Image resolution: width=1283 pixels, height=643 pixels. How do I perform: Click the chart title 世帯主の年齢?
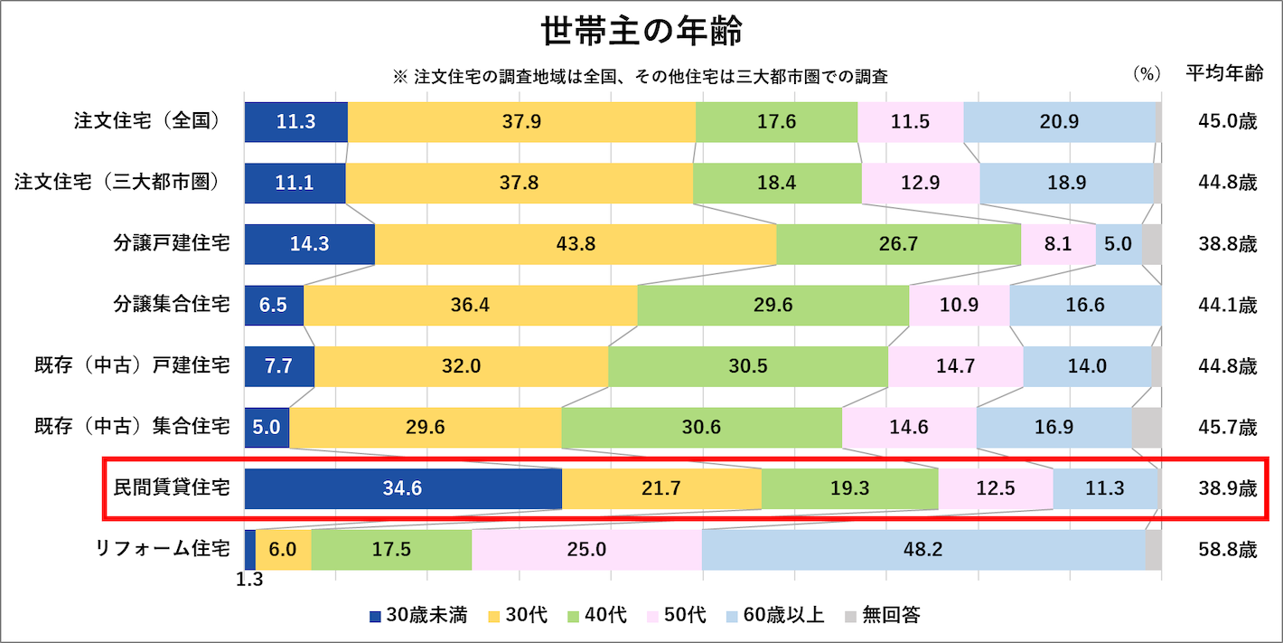coord(641,32)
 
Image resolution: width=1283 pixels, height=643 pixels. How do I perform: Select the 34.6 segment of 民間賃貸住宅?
coord(403,489)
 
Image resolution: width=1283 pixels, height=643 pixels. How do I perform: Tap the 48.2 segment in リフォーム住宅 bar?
coord(923,550)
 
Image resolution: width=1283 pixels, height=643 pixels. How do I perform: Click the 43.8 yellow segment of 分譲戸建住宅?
coord(576,244)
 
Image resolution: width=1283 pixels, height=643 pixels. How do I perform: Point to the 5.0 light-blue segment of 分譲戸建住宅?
coord(1119,244)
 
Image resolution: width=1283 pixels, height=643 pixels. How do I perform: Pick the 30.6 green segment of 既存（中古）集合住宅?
coord(702,428)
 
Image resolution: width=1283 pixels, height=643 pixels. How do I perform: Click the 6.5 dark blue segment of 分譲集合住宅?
coord(274,306)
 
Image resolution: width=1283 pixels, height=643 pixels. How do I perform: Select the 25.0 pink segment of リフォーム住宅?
coord(586,550)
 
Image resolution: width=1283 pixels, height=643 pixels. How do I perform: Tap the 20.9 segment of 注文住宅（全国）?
coord(1059,122)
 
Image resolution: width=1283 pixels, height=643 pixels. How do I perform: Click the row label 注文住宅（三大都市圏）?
coord(117,183)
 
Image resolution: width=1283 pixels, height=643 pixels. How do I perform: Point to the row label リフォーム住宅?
coord(163,549)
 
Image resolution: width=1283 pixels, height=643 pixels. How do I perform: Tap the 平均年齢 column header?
coord(1224,75)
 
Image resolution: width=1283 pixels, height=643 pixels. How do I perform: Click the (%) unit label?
coord(1146,75)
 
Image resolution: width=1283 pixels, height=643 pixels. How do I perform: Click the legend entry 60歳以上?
coord(774,616)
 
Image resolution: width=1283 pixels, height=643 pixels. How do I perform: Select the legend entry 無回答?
coord(882,616)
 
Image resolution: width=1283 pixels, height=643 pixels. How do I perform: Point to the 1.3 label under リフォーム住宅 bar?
coord(249,581)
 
